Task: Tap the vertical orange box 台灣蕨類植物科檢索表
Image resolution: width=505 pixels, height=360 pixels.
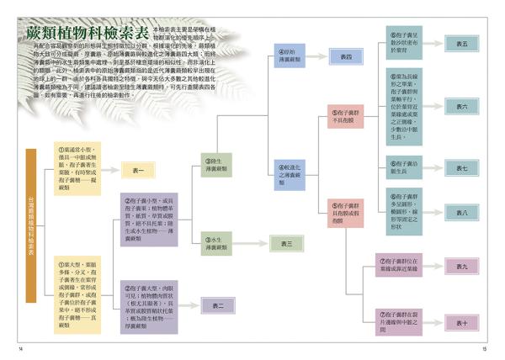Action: pos(31,225)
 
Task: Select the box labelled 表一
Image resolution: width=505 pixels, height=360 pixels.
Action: pos(138,172)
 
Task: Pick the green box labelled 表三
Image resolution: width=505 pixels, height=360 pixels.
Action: pos(286,244)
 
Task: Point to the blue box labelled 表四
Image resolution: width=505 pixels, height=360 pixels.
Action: pos(346,56)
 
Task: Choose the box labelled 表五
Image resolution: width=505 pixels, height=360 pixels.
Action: pos(462,43)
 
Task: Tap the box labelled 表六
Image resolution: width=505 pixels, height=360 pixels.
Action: pos(462,107)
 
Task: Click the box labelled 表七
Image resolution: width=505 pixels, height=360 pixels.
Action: pos(462,168)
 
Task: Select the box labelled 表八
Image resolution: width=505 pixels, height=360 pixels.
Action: pos(462,213)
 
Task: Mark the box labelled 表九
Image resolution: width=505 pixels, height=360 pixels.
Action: pos(462,267)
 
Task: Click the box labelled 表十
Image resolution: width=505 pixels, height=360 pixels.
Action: pos(462,323)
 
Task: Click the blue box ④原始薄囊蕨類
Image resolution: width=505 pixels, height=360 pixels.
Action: pos(290,57)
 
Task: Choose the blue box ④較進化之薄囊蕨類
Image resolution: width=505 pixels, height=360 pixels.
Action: pos(290,174)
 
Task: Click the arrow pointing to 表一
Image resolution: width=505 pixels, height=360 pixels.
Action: pos(110,172)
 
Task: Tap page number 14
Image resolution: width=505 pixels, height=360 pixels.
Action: pos(20,348)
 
